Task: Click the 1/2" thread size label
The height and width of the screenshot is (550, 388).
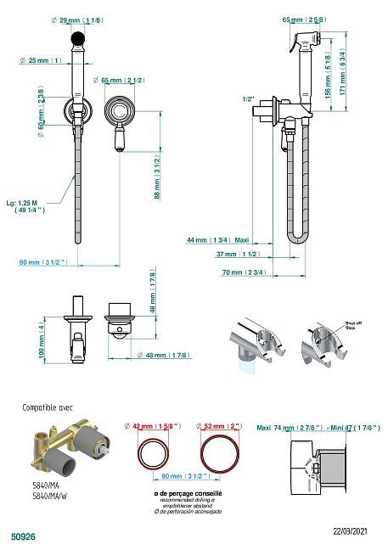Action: [248, 99]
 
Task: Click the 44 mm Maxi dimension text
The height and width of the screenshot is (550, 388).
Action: [217, 240]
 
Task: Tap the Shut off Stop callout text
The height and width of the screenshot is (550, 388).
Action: [354, 324]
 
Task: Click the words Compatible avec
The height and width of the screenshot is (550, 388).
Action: [48, 407]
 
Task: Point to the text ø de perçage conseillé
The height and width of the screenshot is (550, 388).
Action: [188, 493]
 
